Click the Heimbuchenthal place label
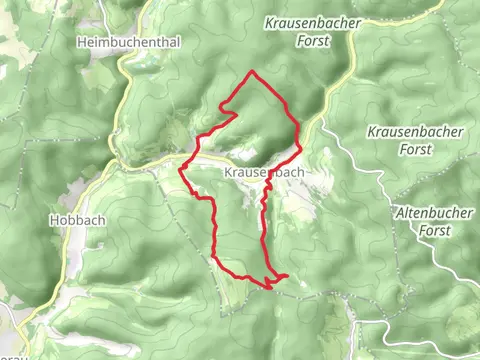pos(115,42)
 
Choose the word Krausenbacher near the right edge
pos(412,132)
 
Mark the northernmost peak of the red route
pos(251,72)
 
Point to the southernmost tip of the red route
pos(269,288)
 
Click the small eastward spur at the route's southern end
pos(286,275)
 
